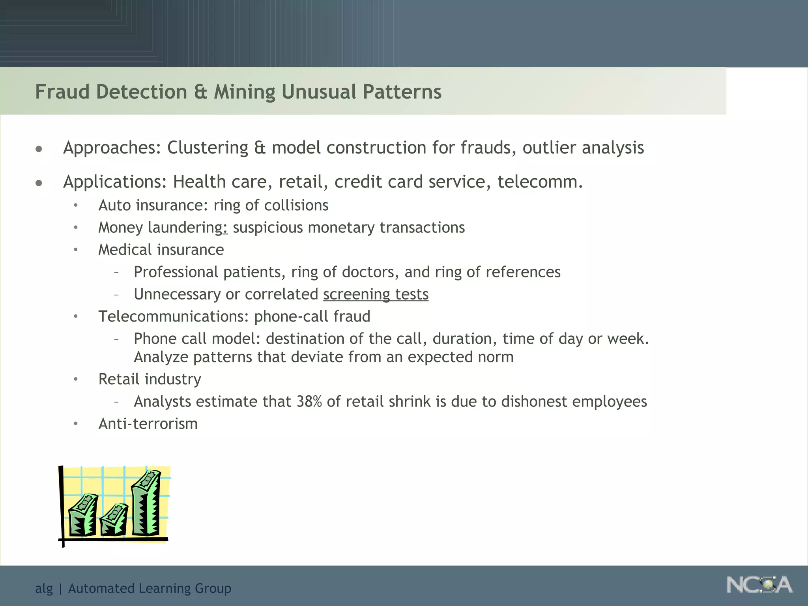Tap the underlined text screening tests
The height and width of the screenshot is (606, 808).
click(376, 295)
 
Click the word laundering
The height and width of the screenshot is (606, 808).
click(185, 228)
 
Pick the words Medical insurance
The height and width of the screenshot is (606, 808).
click(161, 250)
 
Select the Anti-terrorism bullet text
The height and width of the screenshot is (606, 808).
click(148, 424)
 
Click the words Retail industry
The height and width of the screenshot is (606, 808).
click(150, 380)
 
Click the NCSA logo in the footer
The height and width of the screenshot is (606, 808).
click(759, 585)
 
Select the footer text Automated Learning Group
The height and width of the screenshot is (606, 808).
click(150, 589)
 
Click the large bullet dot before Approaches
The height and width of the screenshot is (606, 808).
click(39, 149)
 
